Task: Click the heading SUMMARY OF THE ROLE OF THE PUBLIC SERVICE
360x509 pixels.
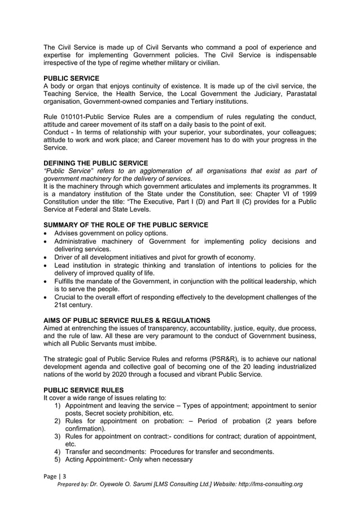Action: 126,225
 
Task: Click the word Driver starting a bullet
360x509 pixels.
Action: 65,257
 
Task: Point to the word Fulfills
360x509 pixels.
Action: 68,281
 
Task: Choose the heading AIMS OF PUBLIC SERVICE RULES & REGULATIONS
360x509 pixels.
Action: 127,320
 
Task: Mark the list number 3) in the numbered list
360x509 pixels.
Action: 58,436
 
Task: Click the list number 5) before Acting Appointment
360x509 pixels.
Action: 58,459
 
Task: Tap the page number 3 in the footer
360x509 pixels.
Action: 64,477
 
